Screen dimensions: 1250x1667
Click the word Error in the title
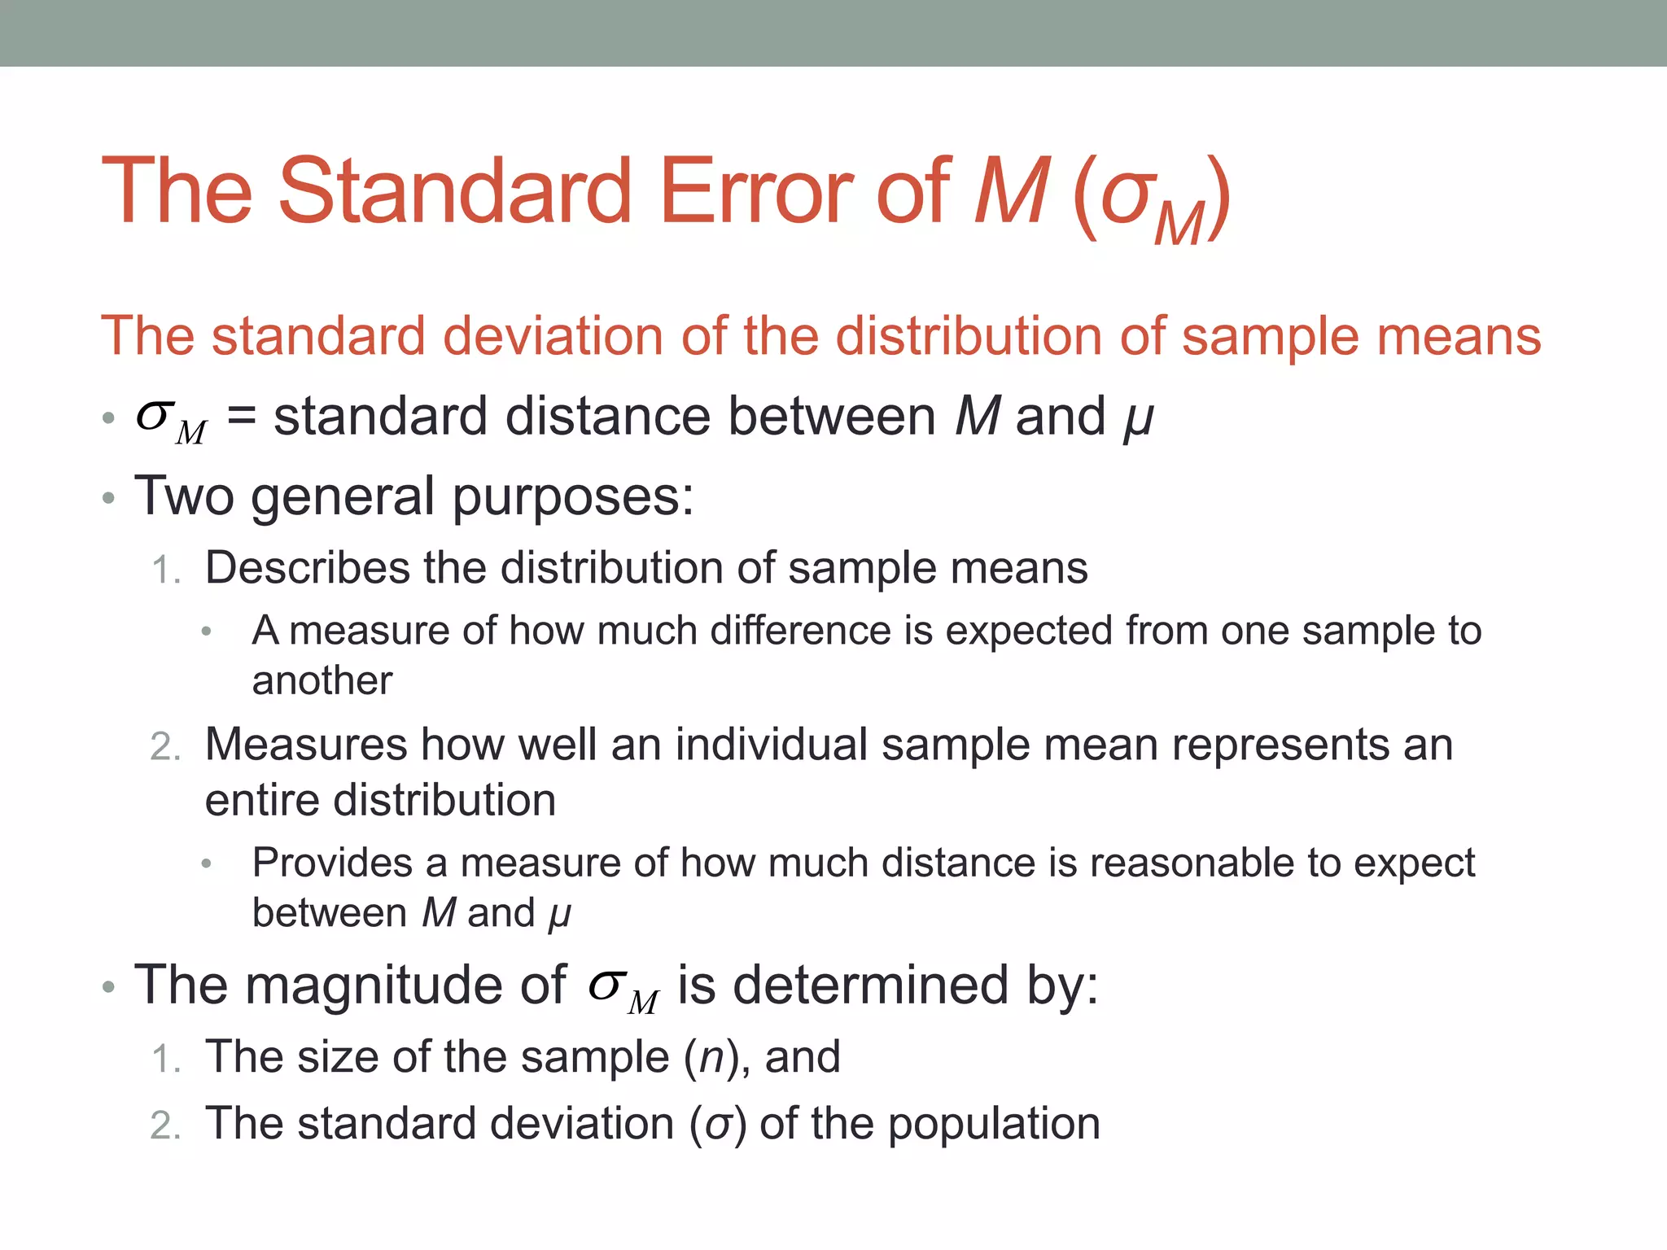(x=755, y=191)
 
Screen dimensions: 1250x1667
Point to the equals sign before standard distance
(x=242, y=417)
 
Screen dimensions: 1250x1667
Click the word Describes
(x=307, y=567)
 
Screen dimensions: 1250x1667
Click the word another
(x=322, y=680)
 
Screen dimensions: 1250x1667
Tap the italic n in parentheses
(x=711, y=1058)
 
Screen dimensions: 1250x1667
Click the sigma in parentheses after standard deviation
(x=718, y=1125)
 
